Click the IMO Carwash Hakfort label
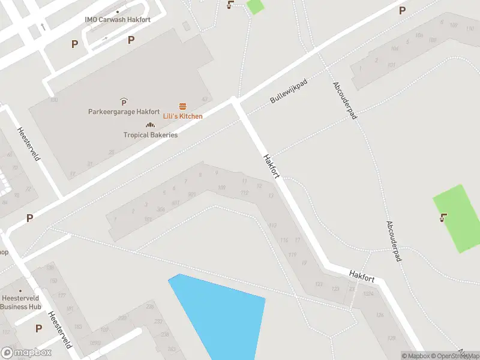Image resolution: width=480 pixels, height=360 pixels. (x=118, y=20)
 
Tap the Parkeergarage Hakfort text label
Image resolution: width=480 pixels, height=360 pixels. (x=124, y=112)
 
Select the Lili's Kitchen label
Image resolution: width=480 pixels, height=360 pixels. (x=183, y=116)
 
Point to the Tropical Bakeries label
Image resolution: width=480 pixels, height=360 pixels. (x=151, y=135)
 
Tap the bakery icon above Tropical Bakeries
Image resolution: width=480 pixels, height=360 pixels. (x=150, y=125)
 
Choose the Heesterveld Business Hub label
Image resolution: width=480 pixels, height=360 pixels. (x=21, y=302)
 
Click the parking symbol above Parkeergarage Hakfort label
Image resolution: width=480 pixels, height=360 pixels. (x=124, y=102)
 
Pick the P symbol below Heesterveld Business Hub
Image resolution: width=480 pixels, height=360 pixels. (x=39, y=328)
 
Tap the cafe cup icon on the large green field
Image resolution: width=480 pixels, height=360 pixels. (x=443, y=217)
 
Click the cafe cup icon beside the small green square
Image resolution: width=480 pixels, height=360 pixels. (x=230, y=5)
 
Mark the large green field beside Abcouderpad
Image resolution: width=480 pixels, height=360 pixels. (x=460, y=219)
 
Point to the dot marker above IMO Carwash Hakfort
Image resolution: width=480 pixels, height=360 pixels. (x=118, y=11)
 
